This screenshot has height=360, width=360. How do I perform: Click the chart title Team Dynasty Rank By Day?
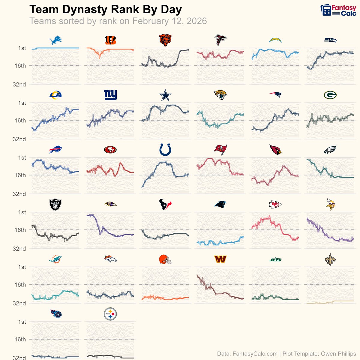106,10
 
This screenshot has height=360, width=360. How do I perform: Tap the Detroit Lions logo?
55,40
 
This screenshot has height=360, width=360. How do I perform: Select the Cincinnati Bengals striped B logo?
110,40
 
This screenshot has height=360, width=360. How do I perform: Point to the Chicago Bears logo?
165,40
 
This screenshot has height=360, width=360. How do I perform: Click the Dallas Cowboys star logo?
165,95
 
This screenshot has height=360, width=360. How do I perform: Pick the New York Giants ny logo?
110,95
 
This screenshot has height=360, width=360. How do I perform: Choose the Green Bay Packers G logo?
330,95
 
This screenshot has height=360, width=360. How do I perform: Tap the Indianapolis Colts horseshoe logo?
165,150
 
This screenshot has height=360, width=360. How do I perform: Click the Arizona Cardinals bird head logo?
275,150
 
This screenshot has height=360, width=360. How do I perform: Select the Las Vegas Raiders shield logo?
55,205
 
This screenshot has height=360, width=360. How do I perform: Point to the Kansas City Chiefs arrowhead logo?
275,205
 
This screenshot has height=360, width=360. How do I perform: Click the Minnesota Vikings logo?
330,204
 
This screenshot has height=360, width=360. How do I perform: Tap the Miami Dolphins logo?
55,259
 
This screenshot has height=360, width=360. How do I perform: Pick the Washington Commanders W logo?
220,259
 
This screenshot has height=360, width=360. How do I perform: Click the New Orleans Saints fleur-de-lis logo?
330,259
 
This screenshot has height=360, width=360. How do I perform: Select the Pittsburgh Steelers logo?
110,314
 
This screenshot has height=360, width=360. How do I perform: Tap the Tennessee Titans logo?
56,314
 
